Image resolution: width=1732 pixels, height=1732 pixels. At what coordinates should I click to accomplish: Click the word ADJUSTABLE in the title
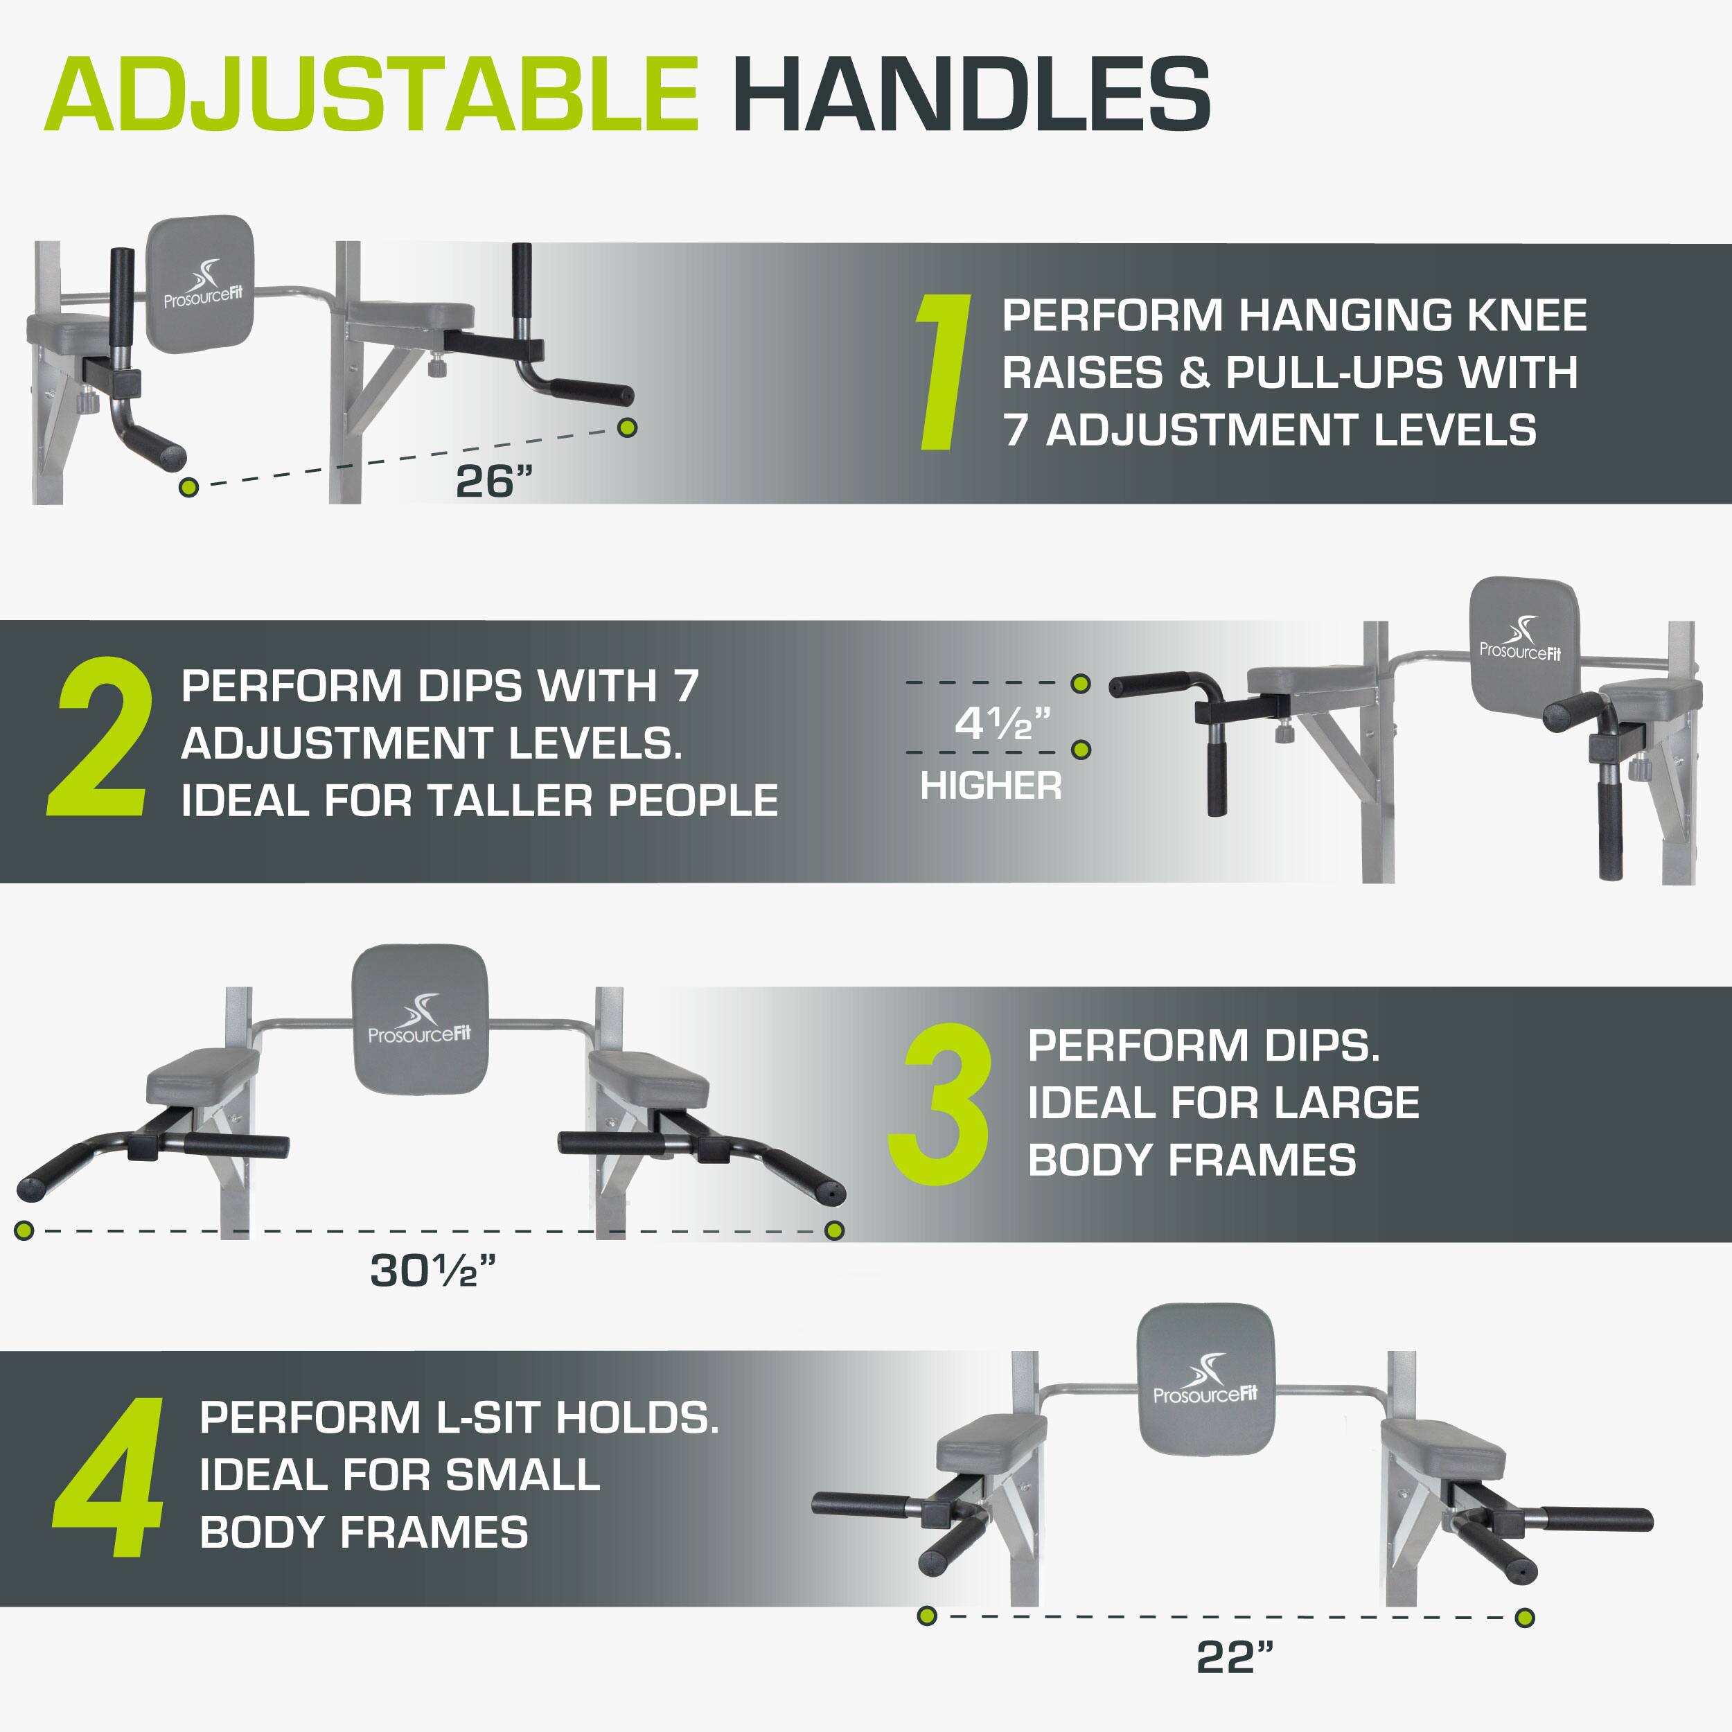[371, 95]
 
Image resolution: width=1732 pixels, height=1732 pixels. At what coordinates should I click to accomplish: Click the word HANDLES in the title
[972, 95]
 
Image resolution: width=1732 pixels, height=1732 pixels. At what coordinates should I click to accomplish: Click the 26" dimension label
[493, 481]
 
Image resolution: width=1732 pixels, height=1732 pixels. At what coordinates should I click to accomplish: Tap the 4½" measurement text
[1001, 723]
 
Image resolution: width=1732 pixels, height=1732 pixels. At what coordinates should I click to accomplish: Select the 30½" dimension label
[432, 1271]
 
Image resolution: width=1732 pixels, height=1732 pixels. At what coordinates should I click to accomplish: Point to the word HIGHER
[991, 786]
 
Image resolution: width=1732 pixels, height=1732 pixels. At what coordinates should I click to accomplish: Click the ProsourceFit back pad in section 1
[201, 283]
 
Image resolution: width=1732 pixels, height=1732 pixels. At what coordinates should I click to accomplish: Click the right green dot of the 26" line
[628, 427]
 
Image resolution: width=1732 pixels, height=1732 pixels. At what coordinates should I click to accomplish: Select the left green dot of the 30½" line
[24, 1230]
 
